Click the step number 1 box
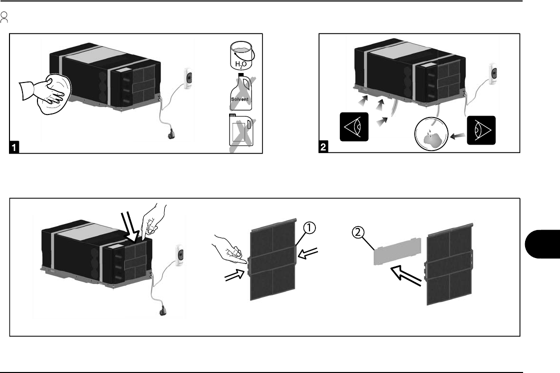tap(16, 147)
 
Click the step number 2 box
tap(324, 147)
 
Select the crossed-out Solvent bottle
tap(241, 92)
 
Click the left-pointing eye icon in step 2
tap(353, 127)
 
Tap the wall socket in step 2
tap(494, 74)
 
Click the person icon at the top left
tap(4, 19)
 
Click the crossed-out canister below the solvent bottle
tap(241, 132)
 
